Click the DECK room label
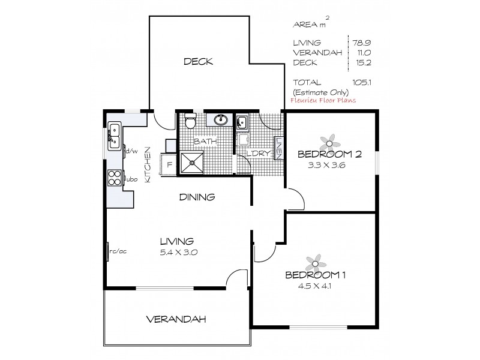tap(198, 62)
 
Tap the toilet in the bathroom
tap(190, 121)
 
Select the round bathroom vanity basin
tap(220, 119)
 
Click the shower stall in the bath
tap(192, 163)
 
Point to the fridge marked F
tap(169, 164)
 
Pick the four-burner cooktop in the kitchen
tap(115, 178)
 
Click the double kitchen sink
tap(114, 136)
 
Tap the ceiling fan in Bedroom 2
tap(329, 143)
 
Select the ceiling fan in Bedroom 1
tap(316, 263)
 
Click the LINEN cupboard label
tap(278, 148)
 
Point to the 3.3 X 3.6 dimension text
tap(326, 166)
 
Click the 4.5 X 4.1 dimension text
tap(314, 286)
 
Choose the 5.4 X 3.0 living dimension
tap(178, 253)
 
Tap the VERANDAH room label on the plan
tap(176, 320)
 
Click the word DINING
tap(197, 197)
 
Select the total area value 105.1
tap(362, 82)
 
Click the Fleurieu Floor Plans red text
tap(323, 100)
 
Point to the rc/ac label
tap(118, 251)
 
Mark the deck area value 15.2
tap(364, 62)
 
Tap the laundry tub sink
tap(241, 122)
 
